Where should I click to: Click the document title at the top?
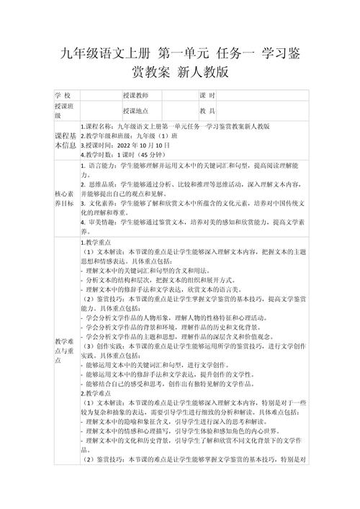(x=180, y=62)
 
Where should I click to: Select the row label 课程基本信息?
(x=64, y=140)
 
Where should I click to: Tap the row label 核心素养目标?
(x=64, y=199)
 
